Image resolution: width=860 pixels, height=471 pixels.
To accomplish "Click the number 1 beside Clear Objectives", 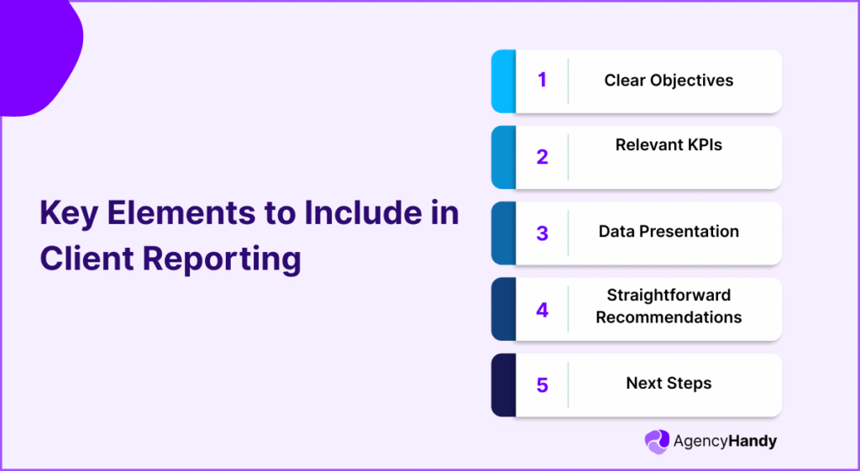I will click(542, 81).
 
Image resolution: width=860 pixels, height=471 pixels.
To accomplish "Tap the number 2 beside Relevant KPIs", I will click(542, 157).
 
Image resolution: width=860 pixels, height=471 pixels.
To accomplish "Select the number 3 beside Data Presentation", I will click(542, 233).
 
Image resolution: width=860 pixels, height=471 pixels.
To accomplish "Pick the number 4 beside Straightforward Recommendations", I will click(542, 309).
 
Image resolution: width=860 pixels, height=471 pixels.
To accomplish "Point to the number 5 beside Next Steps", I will click(542, 385).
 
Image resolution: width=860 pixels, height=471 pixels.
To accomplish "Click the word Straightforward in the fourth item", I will click(669, 295).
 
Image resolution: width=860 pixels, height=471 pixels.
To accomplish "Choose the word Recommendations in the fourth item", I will click(669, 317).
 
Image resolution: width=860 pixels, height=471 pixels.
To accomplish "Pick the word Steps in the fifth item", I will click(690, 383).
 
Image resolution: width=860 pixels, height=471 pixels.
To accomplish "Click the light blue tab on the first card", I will click(503, 81).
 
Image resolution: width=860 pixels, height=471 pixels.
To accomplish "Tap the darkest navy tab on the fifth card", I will click(503, 385).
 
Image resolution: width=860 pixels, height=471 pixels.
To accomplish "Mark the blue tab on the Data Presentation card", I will click(503, 233).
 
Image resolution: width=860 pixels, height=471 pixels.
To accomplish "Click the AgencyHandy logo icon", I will click(656, 442).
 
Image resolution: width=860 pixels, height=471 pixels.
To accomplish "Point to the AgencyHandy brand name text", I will click(725, 442).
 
